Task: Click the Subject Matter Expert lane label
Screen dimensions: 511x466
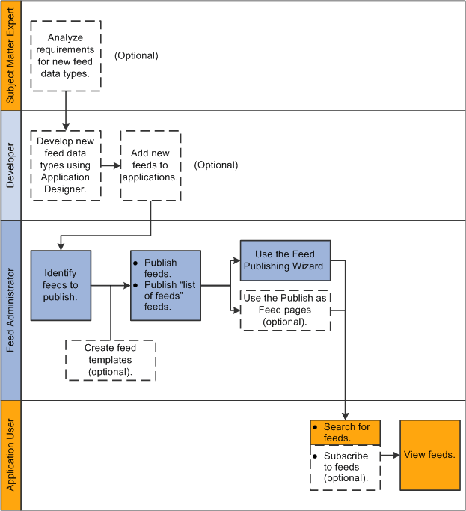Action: tap(10, 56)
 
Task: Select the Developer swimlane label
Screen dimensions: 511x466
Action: tap(10, 165)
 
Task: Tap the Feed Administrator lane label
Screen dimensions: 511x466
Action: tap(10, 310)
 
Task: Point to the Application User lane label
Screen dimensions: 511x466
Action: tap(10, 455)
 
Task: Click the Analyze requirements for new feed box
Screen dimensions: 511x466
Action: tap(66, 56)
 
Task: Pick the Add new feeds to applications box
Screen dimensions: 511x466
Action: tap(150, 165)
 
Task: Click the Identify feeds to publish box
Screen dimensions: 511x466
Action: tap(61, 285)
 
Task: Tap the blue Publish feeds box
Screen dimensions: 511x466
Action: tap(165, 285)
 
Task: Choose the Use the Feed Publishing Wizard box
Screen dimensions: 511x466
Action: tap(285, 260)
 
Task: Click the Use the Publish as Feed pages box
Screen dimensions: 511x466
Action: tap(285, 310)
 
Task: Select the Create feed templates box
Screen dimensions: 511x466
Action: tap(110, 360)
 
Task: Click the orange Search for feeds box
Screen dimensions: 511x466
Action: tap(345, 432)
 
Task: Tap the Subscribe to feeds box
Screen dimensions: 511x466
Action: tap(345, 468)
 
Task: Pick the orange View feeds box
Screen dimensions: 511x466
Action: tap(429, 455)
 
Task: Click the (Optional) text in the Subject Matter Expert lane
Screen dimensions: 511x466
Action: tap(136, 55)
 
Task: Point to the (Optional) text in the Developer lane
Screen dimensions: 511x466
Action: tap(215, 165)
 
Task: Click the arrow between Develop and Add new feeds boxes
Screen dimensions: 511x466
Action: tap(111, 165)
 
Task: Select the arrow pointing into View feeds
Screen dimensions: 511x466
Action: tap(390, 455)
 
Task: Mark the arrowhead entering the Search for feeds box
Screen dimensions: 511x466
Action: tap(345, 416)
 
